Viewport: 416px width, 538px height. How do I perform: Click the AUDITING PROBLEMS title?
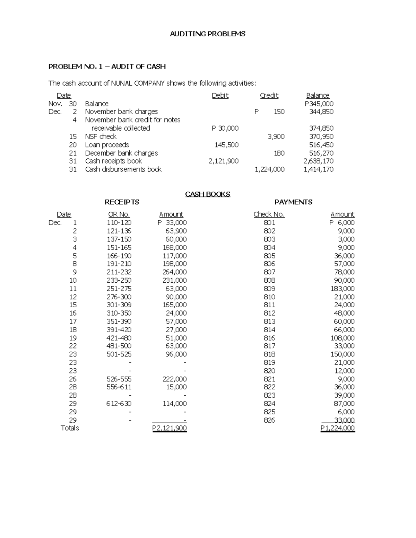pos(207,34)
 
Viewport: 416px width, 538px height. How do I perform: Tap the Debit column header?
pos(220,96)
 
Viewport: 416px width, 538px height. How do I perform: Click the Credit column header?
pos(269,96)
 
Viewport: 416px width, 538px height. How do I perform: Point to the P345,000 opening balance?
pos(319,104)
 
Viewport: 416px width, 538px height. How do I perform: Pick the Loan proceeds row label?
pos(107,145)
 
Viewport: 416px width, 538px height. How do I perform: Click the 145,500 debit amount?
pos(226,145)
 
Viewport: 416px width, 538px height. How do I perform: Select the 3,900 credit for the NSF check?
pos(276,136)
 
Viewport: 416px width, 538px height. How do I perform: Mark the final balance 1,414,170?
pos(318,169)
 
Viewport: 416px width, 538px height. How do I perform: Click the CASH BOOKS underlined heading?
pos(208,194)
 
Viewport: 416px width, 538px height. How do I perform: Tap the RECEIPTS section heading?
pos(122,202)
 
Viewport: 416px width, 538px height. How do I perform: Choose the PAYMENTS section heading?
pos(293,202)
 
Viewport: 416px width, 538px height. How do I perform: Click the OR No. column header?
pos(119,214)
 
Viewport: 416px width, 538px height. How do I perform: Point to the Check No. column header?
pos(269,214)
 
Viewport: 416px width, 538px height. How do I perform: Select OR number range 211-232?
pos(119,272)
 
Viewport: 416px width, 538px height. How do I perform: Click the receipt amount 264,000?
pos(174,272)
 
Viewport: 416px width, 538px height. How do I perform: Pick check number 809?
pos(269,289)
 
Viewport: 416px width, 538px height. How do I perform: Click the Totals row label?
pos(70,428)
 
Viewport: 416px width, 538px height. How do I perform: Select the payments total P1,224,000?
pos(338,429)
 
